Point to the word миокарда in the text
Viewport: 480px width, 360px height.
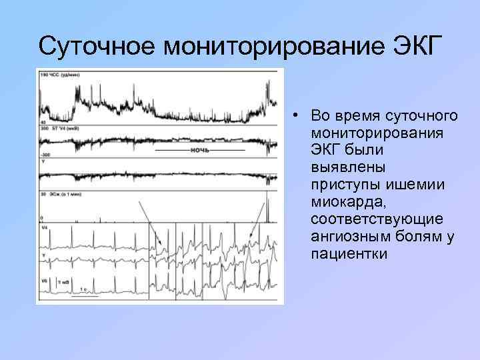pos(339,201)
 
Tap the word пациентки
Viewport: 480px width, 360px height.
pos(343,253)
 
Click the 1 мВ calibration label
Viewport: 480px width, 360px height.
pos(63,282)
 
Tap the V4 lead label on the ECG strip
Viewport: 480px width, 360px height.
pos(45,228)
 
